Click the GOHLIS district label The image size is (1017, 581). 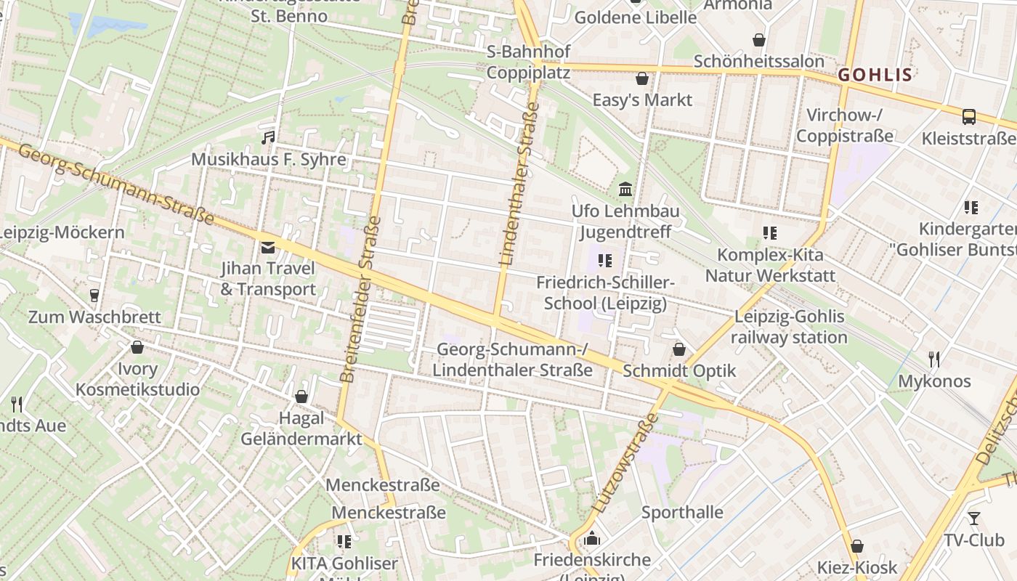(875, 75)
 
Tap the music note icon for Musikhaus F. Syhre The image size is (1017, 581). (269, 137)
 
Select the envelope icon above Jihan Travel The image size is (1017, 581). (268, 247)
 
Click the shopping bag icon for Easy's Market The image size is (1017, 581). (642, 78)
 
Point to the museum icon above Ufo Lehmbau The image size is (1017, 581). (625, 190)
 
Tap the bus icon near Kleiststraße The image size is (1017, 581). (968, 116)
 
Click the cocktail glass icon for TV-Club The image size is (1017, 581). (973, 519)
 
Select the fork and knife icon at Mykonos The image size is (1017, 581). (934, 359)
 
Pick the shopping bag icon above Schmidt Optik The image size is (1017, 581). (679, 349)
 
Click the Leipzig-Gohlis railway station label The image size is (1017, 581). (789, 327)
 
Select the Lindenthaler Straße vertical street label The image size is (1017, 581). (519, 182)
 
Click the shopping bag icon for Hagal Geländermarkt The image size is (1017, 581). (301, 397)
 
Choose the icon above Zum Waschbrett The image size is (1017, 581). (94, 296)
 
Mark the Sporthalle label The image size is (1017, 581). (682, 513)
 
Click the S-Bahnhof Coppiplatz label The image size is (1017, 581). (528, 62)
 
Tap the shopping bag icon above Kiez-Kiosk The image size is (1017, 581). (857, 546)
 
